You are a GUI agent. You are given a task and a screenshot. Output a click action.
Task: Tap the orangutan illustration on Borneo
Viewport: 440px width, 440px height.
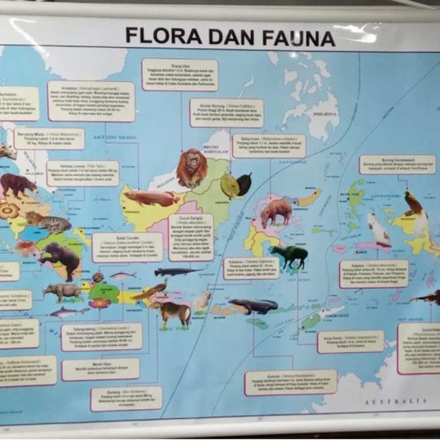tap(192, 167)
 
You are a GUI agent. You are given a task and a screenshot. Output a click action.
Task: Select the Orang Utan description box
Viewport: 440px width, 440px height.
tap(180, 75)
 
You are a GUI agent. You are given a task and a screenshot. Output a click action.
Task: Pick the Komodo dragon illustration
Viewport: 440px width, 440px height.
tap(254, 305)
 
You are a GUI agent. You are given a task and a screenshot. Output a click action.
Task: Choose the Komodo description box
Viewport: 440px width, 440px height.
tap(290, 382)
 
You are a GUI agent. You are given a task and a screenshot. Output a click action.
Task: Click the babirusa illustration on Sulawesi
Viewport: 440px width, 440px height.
tap(276, 211)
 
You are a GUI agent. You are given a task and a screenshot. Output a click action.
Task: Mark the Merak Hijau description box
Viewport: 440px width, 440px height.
tap(100, 369)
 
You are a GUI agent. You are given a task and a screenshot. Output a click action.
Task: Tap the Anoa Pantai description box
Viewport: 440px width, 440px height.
tap(350, 341)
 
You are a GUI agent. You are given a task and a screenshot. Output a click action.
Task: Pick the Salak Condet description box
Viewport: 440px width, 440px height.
tap(127, 247)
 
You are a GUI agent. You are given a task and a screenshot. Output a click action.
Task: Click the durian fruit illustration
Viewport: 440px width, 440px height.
tap(230, 186)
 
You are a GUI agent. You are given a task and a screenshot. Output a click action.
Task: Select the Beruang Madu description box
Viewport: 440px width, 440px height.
tap(49, 139)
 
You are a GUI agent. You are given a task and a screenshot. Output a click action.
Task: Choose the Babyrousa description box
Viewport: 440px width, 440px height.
tap(268, 146)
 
